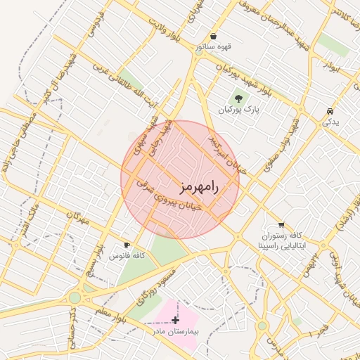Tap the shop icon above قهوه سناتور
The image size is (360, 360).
coord(213,36)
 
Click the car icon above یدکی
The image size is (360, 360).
coord(330,112)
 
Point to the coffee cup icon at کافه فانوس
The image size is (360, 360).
coord(127,245)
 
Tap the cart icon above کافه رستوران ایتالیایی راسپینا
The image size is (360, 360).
coord(281,224)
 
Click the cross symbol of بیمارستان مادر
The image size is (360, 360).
coord(175,320)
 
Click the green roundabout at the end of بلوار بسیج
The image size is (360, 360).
coord(75,297)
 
